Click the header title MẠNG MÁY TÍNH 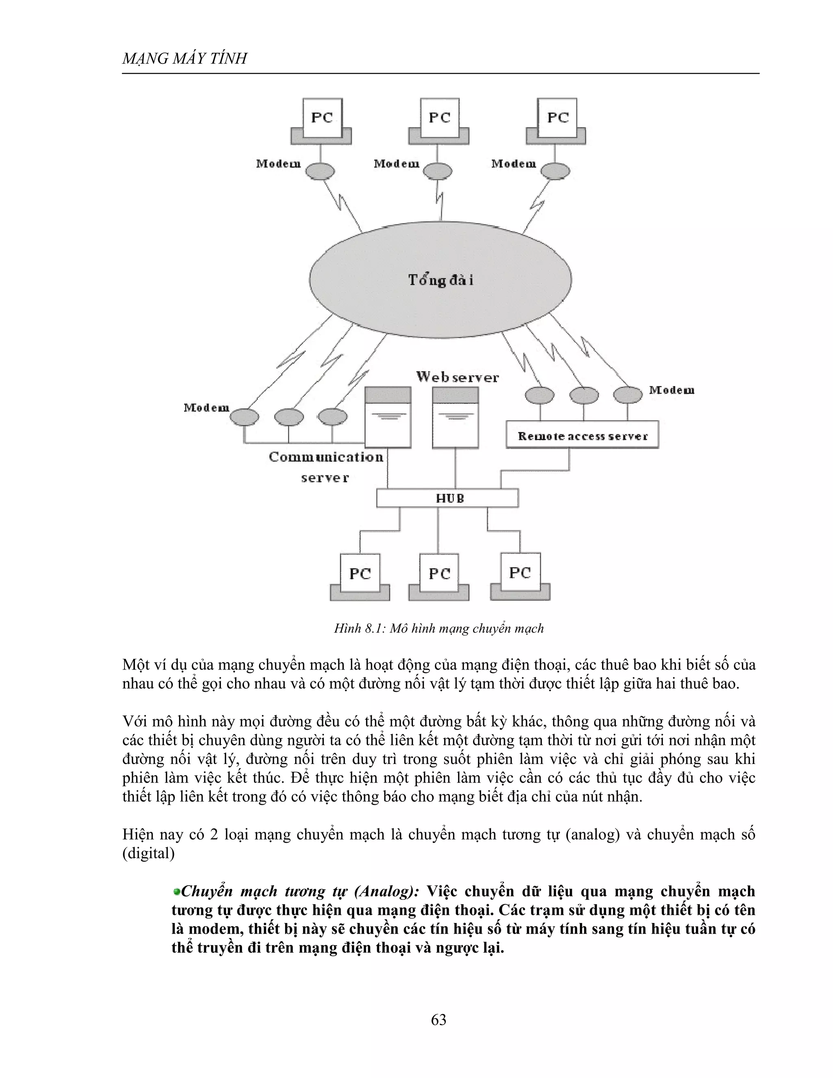coord(184,59)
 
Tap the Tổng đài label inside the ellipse coord(440,280)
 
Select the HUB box coord(447,498)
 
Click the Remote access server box coord(582,435)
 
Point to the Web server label coord(457,378)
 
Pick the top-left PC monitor coord(322,118)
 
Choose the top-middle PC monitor coord(440,118)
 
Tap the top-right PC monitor coord(558,118)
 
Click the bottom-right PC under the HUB coord(520,574)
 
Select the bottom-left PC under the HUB coord(360,574)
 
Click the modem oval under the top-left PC coord(319,171)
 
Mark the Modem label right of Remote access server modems coord(672,391)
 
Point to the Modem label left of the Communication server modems coord(206,408)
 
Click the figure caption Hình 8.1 coord(439,628)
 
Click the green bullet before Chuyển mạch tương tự coord(176,891)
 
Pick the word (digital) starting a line coord(148,853)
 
